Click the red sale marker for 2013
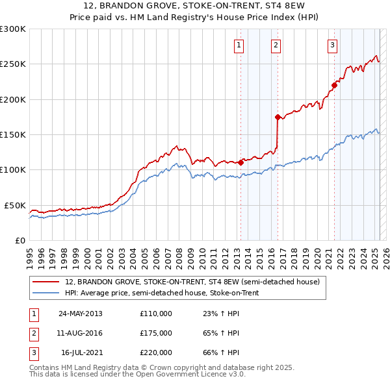tap(240, 163)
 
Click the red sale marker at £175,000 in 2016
tap(278, 117)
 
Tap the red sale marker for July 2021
tap(335, 84)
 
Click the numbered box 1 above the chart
tap(239, 45)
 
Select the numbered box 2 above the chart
tap(276, 45)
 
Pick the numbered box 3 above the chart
tap(332, 45)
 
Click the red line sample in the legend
tap(45, 282)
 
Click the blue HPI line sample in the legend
tap(45, 293)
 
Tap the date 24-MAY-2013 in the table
tap(81, 314)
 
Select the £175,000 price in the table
tap(156, 333)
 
